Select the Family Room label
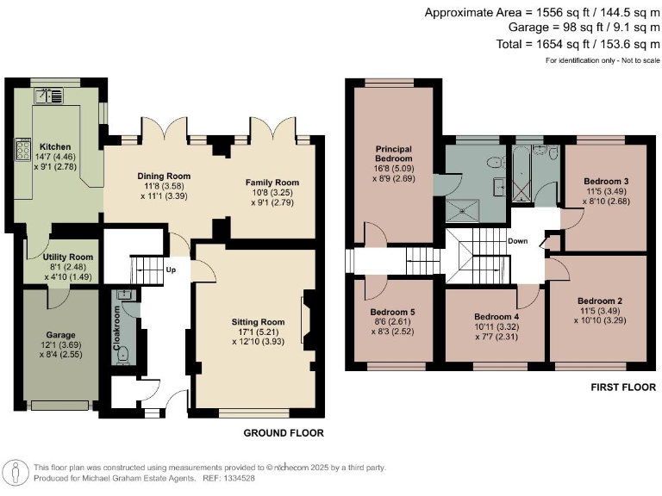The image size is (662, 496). tap(272, 183)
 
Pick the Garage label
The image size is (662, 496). tap(60, 335)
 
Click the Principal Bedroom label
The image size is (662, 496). tap(393, 154)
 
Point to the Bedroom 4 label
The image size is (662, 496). tap(497, 316)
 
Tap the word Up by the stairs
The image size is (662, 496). tap(172, 269)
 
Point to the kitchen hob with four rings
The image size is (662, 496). tap(19, 153)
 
